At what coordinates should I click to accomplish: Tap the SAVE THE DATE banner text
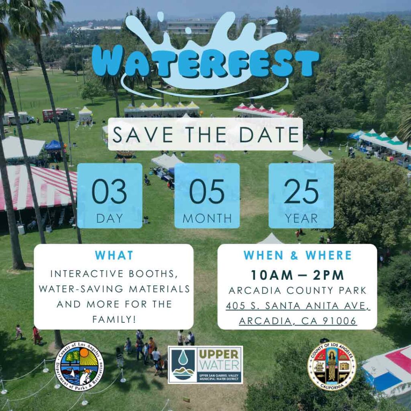205,134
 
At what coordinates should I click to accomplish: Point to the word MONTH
207,218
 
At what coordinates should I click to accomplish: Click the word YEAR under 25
301,218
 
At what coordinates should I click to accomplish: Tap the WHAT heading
114,255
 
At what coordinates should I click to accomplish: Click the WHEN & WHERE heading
297,255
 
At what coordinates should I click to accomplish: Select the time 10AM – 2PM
297,275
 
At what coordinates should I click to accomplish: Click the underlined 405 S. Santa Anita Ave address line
297,306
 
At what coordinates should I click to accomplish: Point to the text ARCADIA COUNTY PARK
297,291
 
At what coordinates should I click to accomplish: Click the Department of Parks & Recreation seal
79,366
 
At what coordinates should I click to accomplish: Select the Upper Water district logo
205,365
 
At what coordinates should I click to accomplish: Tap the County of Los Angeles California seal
332,366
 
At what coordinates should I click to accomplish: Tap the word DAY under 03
109,218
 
